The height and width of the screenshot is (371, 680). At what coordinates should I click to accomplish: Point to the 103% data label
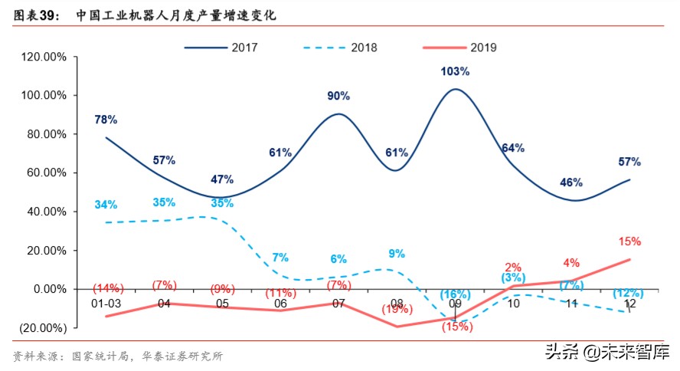455,71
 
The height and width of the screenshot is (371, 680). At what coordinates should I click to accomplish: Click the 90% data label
338,96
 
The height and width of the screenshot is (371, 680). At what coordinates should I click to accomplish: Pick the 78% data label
106,120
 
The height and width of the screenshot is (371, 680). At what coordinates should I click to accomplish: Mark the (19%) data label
397,309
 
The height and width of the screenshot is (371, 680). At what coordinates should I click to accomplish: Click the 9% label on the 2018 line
397,254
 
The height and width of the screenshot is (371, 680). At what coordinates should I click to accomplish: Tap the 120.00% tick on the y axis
44,57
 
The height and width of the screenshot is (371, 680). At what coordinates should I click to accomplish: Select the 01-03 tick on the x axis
106,304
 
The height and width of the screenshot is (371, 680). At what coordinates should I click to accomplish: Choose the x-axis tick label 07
338,304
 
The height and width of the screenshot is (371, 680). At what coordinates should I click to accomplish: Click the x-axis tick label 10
513,304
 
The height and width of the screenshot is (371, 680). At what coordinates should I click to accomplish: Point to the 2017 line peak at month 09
455,89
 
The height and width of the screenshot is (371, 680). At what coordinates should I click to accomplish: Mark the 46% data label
571,182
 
